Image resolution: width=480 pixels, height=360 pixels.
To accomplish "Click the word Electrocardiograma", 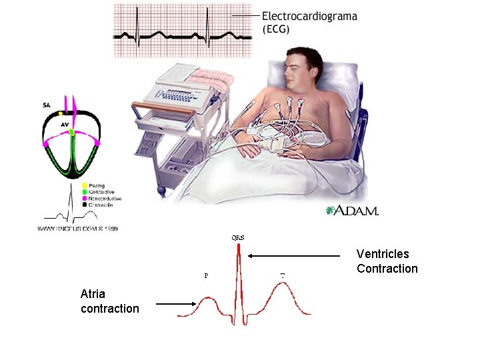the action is point(309,16).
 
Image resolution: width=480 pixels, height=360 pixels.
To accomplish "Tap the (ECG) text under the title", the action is point(275,29).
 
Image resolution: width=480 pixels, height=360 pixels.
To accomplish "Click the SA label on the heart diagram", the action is point(46,105).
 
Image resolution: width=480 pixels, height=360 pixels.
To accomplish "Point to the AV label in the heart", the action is point(65,124).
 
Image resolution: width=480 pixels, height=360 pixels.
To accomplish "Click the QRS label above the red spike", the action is point(237,237).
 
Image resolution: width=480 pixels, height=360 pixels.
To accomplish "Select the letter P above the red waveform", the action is point(205,275).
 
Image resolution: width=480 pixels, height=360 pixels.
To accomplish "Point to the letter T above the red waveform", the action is point(283,275).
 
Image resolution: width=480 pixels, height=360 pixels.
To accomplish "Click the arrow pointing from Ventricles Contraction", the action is point(293,255).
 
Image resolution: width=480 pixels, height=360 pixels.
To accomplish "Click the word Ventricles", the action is point(383,254).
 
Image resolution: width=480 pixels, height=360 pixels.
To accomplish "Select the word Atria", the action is point(93,294).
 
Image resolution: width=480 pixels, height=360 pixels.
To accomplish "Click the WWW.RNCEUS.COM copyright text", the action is point(77,229).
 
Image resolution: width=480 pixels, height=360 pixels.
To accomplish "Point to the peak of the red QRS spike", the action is point(237,246).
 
